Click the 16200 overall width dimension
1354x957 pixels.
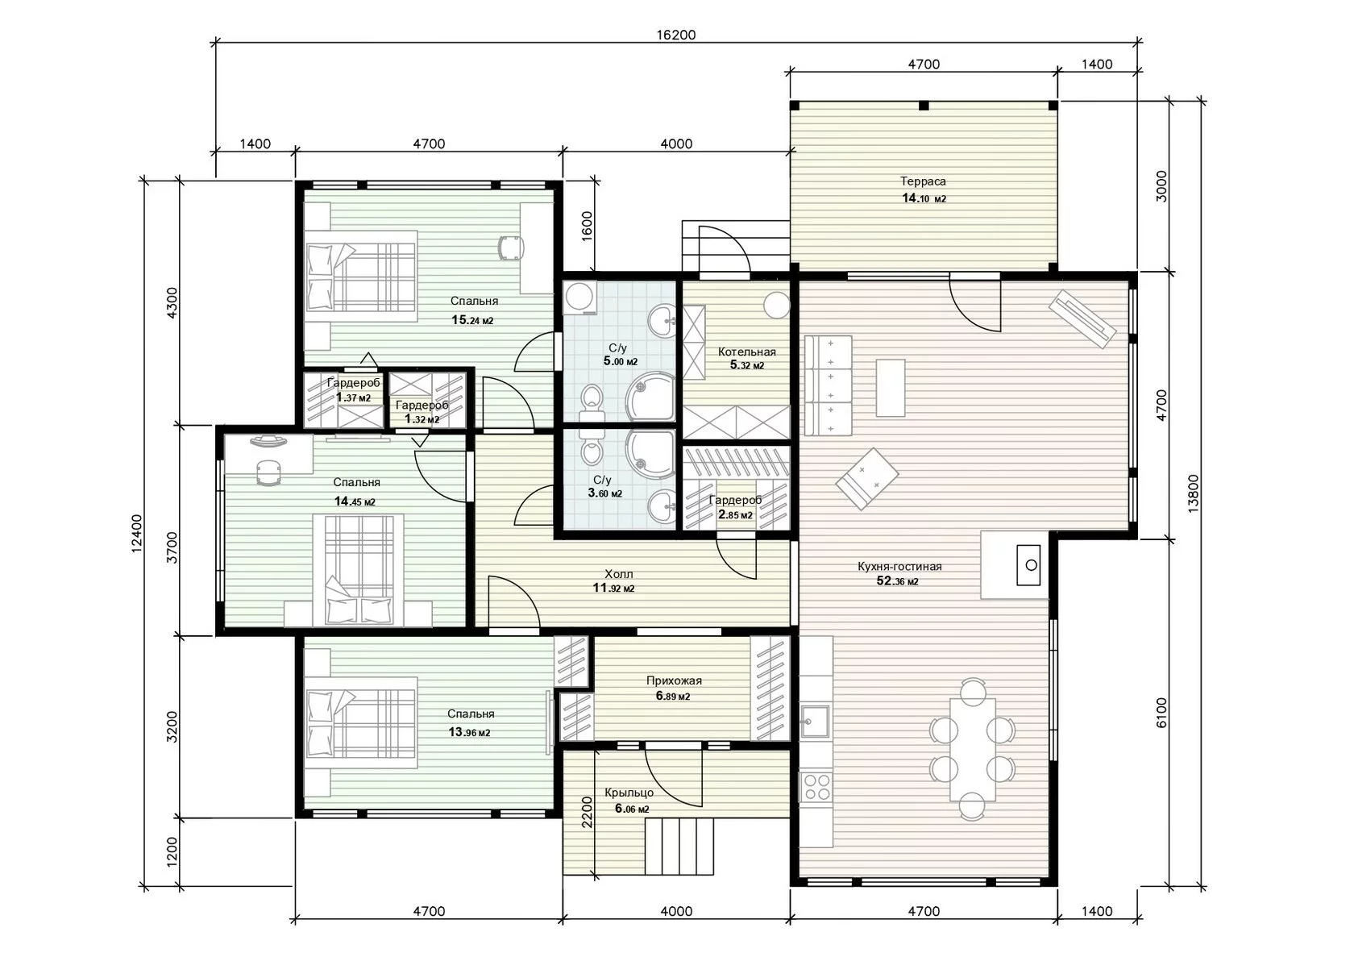675,35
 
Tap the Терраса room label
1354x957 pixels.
923,181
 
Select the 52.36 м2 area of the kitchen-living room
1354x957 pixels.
897,581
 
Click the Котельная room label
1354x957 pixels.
746,352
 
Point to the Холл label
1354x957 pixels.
619,573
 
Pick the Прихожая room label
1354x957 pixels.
674,680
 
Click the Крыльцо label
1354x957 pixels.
629,793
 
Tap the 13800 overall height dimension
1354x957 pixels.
1193,493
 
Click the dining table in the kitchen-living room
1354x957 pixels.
973,749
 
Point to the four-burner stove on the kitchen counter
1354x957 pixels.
816,786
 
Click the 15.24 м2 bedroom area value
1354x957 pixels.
472,320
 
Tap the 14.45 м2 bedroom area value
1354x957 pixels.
355,501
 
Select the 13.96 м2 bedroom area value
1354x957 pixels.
469,732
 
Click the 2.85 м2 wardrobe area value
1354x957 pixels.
735,514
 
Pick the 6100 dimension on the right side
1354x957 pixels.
1161,712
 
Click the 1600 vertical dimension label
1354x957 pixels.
587,226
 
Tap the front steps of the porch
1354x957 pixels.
679,846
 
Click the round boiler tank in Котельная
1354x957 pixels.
777,305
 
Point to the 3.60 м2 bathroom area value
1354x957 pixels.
604,493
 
